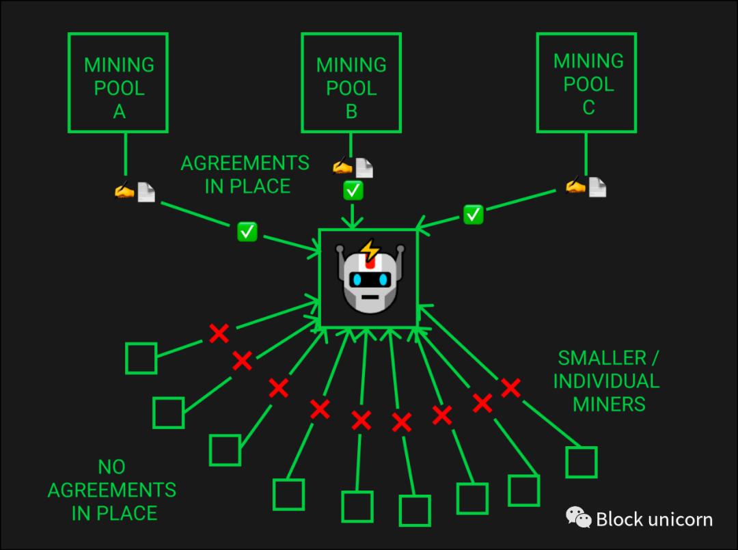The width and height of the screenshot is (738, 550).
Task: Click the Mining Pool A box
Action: pyautogui.click(x=118, y=83)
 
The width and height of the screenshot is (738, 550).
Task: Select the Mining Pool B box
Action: pyautogui.click(x=351, y=83)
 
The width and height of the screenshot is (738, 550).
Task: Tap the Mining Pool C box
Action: pyautogui.click(x=587, y=83)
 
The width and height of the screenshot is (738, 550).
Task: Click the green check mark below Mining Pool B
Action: pyautogui.click(x=353, y=191)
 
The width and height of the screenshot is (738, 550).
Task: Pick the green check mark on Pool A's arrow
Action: pyautogui.click(x=247, y=232)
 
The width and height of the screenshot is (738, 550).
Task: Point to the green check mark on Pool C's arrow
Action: pyautogui.click(x=473, y=215)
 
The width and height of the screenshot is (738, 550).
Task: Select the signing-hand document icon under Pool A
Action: pyautogui.click(x=135, y=191)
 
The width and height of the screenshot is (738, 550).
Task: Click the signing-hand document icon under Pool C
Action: pyautogui.click(x=587, y=186)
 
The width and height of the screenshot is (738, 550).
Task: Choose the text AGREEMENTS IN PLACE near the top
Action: pyautogui.click(x=245, y=174)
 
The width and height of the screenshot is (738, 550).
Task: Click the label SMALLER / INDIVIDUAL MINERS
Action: pyautogui.click(x=607, y=381)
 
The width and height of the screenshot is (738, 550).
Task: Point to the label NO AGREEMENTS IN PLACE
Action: pyautogui.click(x=111, y=490)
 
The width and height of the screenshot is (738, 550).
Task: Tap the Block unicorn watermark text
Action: pyautogui.click(x=653, y=519)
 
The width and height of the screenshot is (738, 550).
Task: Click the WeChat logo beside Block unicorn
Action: pyautogui.click(x=579, y=517)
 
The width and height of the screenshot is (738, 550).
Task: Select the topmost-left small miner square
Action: pyautogui.click(x=141, y=359)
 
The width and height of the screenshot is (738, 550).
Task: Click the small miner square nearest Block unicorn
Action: pyautogui.click(x=582, y=463)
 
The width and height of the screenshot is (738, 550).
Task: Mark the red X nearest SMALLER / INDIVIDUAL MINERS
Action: pyautogui.click(x=510, y=388)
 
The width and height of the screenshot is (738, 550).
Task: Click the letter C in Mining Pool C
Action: pyautogui.click(x=588, y=107)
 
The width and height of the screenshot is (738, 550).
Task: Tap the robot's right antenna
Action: pyautogui.click(x=400, y=251)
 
